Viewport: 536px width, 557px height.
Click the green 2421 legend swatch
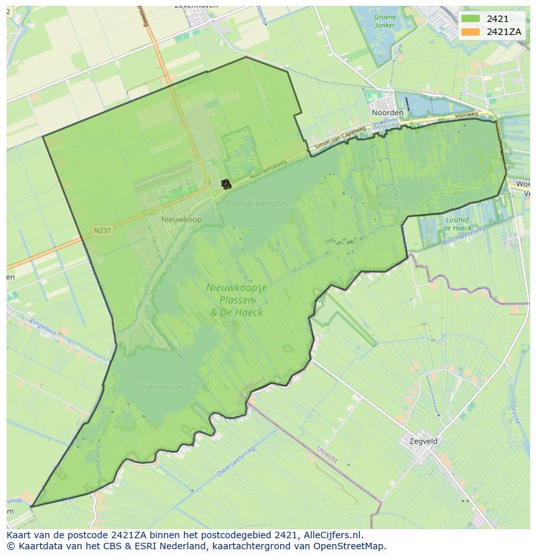471,19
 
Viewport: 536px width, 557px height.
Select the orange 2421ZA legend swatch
471,32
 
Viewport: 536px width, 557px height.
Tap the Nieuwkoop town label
181,220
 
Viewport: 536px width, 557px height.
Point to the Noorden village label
388,113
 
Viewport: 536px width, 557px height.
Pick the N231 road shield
102,230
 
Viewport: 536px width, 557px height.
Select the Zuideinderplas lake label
161,387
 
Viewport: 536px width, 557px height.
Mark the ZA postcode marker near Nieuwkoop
225,184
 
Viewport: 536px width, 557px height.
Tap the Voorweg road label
466,115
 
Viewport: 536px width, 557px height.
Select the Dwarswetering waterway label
236,462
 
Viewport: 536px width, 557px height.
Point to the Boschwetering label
463,236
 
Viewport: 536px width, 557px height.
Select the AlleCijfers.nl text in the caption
332,535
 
